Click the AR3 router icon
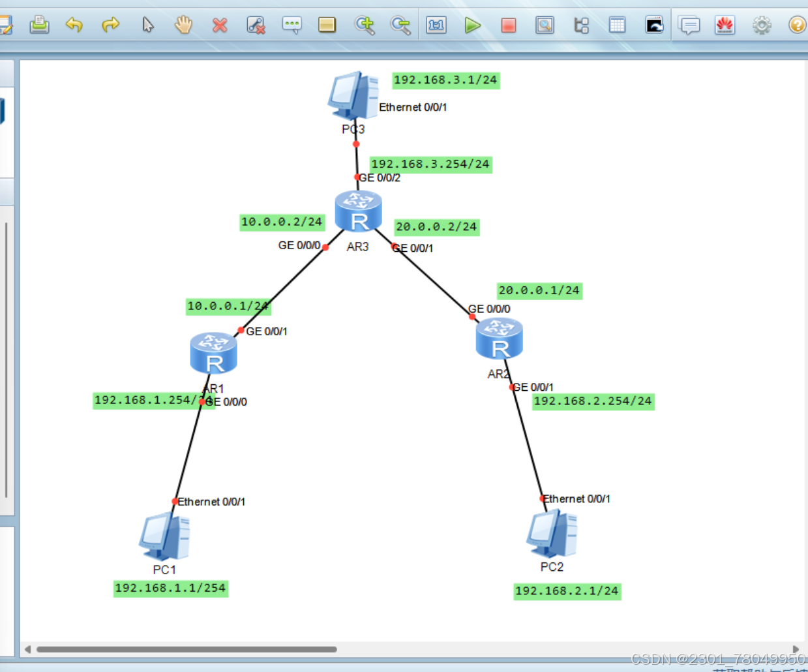click(x=358, y=211)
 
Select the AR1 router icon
click(x=213, y=353)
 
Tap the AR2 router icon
click(x=499, y=339)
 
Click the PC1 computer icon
click(x=164, y=536)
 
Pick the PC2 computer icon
click(x=552, y=533)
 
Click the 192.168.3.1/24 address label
click(x=445, y=80)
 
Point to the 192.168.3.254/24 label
click(x=430, y=164)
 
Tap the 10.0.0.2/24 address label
click(x=282, y=222)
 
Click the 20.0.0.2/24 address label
click(x=436, y=227)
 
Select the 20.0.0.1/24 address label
click(x=539, y=290)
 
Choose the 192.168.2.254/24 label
click(x=593, y=401)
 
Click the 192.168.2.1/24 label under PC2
click(x=567, y=591)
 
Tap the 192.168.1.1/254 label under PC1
click(x=170, y=588)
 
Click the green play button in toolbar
click(x=473, y=25)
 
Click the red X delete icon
click(x=220, y=25)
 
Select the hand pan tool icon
click(x=184, y=25)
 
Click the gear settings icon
click(x=761, y=25)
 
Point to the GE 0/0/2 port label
click(x=380, y=178)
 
